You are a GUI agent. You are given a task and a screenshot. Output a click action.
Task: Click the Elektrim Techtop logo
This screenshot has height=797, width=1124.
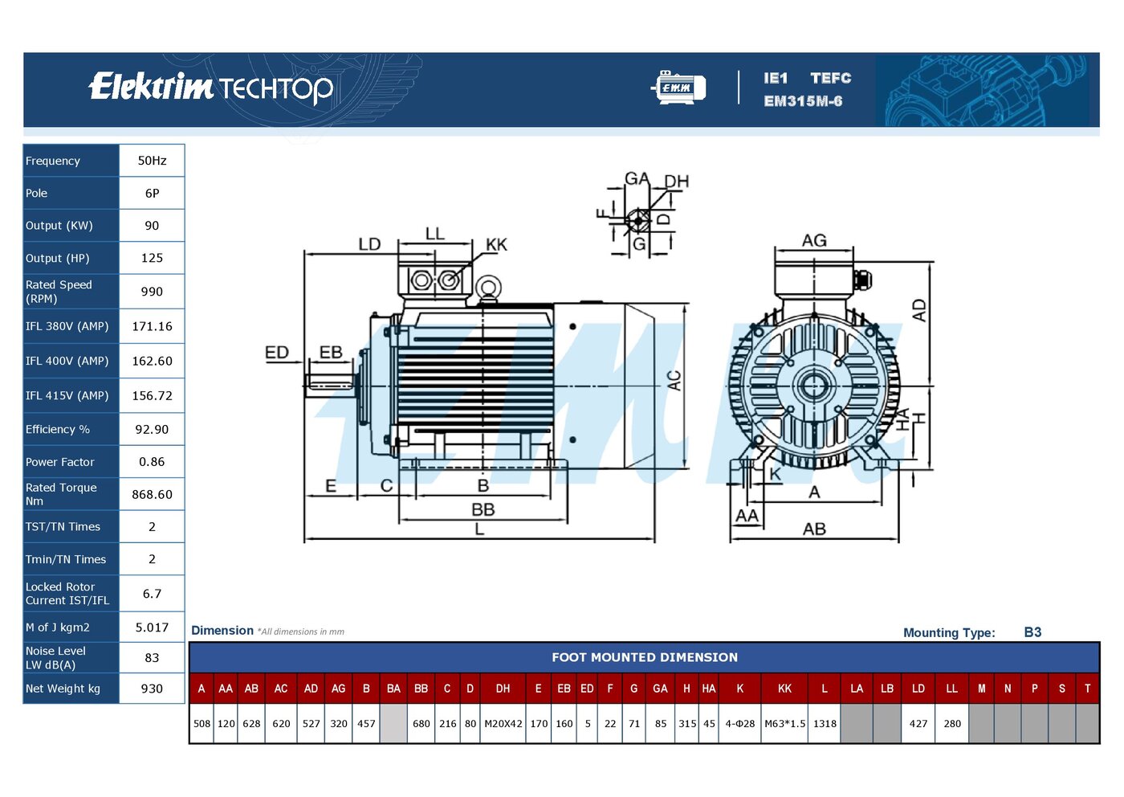[210, 88]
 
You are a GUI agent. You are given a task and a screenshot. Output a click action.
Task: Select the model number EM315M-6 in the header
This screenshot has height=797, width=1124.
[803, 101]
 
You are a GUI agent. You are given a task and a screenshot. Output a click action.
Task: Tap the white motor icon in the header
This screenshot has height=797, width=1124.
[679, 88]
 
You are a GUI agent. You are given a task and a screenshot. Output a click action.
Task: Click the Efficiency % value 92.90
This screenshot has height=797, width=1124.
[152, 429]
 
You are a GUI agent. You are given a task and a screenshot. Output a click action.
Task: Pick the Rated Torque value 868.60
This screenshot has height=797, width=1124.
[152, 494]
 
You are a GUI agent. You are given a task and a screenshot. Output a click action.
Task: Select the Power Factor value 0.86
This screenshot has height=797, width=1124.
[152, 461]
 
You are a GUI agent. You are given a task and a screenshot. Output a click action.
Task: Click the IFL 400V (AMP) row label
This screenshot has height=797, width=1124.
[67, 361]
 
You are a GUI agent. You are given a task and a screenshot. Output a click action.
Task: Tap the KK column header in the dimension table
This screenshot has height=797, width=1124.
[784, 689]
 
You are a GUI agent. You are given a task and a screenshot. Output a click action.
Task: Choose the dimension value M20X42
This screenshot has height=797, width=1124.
[503, 724]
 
